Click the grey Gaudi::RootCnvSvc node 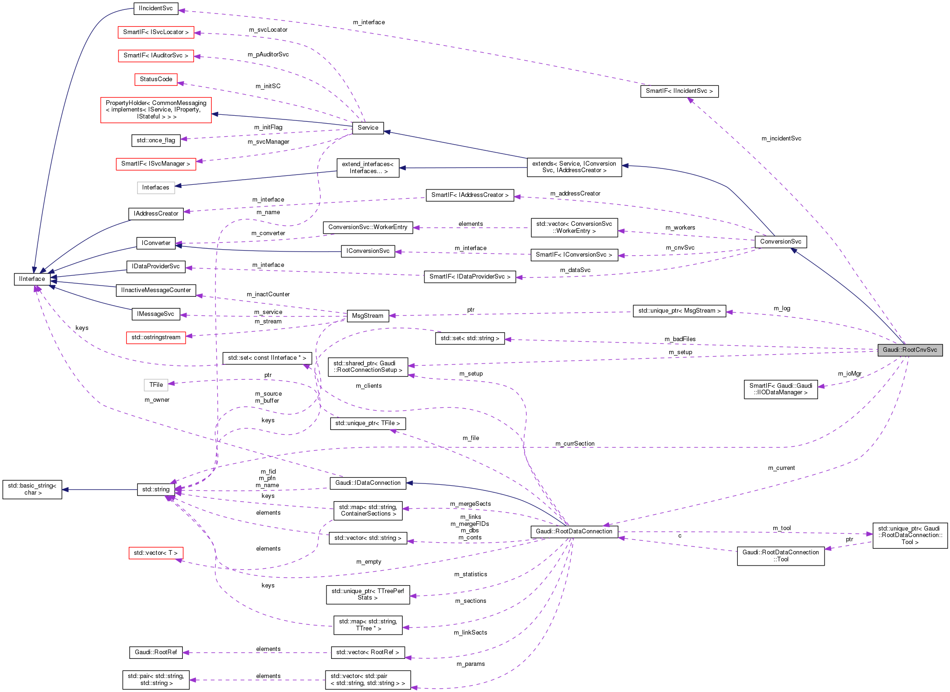pos(909,350)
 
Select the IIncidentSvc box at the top pos(156,8)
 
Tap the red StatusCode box pos(156,79)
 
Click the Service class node pos(368,128)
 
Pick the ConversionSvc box pos(780,242)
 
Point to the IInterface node pos(32,279)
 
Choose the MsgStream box pos(368,316)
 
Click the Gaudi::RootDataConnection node pos(574,531)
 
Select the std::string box pos(156,489)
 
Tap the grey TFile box pos(156,385)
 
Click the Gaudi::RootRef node pos(156,652)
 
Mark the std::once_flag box pos(156,140)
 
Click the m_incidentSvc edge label pos(781,139)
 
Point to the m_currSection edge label pos(575,444)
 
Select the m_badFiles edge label pos(680,339)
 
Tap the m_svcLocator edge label pos(268,30)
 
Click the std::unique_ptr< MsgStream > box pos(679,311)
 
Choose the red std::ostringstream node pos(156,337)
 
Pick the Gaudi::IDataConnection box pos(368,483)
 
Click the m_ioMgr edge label pos(849,374)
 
